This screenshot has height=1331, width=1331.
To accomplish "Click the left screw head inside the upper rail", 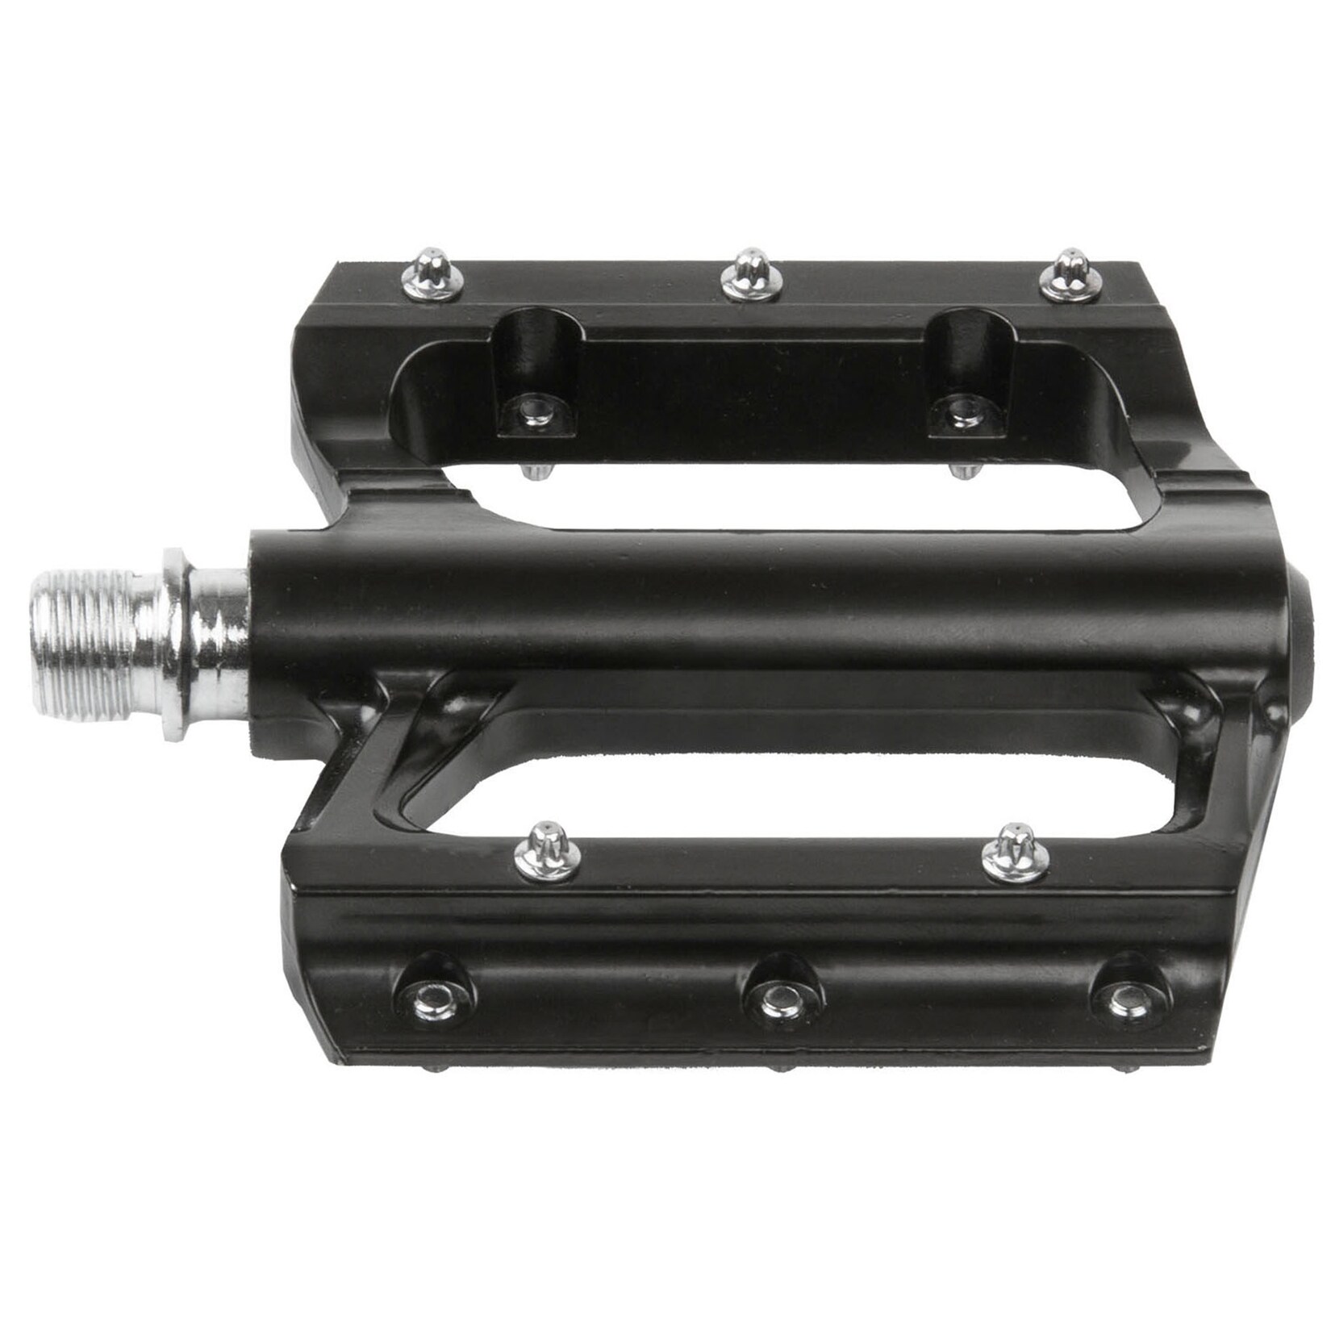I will click(x=533, y=411).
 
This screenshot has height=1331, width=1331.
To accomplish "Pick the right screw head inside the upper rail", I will click(x=959, y=411).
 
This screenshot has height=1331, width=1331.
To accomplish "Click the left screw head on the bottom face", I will click(x=442, y=1003).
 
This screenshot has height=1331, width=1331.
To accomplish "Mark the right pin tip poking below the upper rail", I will click(x=961, y=471).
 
